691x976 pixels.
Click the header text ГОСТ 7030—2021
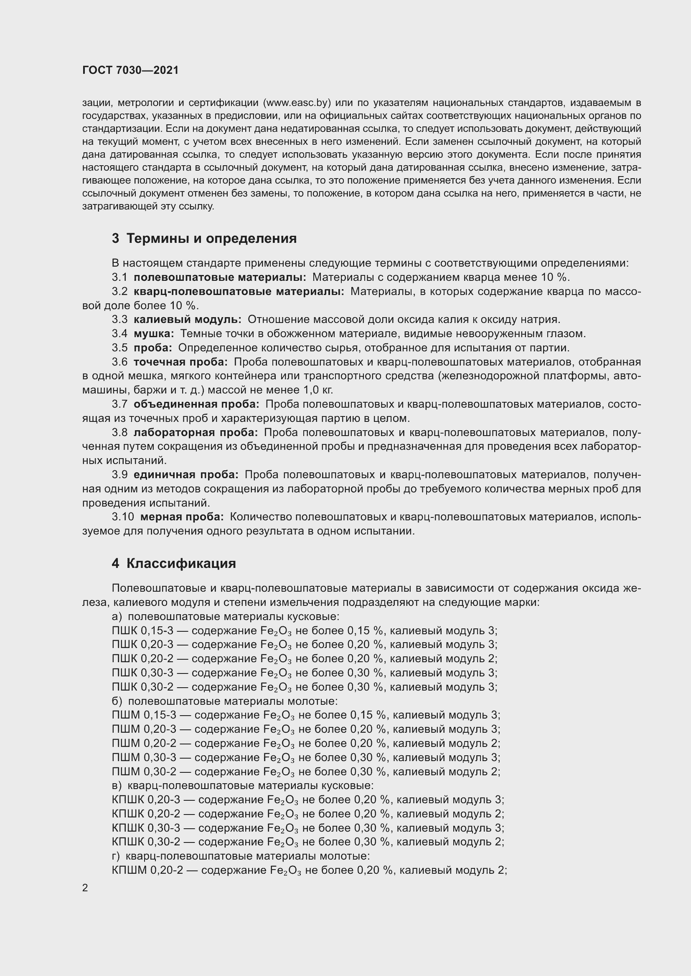tap(130, 71)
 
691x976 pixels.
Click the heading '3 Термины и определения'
tap(204, 239)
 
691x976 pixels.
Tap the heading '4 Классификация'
tap(174, 564)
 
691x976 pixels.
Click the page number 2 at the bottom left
tap(85, 888)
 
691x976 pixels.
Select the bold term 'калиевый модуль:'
tap(187, 320)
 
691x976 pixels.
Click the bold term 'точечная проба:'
tap(180, 362)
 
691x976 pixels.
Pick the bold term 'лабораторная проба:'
tap(195, 433)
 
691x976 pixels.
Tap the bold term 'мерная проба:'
tap(182, 517)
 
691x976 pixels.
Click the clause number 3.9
tap(119, 475)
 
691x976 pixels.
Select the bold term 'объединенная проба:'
tap(196, 404)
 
